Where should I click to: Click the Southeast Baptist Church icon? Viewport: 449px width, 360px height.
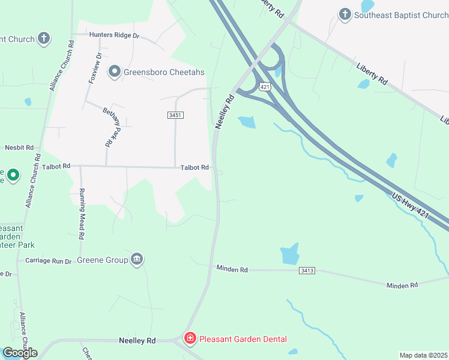[x=345, y=14]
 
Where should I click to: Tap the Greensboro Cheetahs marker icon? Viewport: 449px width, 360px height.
[x=114, y=72]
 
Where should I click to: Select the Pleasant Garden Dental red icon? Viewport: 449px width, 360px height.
[x=190, y=339]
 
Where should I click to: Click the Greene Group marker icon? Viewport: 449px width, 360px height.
[x=137, y=259]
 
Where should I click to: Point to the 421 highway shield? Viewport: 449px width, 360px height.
[x=265, y=87]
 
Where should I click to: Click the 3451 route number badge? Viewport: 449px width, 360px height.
[x=175, y=115]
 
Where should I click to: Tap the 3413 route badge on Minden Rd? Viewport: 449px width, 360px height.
[x=306, y=271]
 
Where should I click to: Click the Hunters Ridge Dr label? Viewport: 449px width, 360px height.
[x=114, y=35]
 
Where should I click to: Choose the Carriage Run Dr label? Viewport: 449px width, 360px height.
[x=48, y=261]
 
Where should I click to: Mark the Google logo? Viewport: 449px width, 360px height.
[x=19, y=353]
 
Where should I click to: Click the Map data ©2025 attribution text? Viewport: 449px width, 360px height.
[x=423, y=355]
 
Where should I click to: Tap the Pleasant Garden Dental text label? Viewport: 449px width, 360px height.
[x=243, y=339]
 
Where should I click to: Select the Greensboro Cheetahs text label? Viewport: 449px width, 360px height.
[x=164, y=72]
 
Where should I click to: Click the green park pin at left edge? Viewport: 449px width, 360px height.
[x=13, y=176]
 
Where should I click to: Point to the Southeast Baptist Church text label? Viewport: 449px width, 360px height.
[x=401, y=14]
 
